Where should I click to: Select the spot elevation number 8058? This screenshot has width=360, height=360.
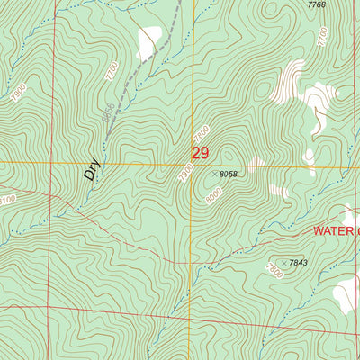(228, 174)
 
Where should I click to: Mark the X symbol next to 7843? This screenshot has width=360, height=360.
(285, 263)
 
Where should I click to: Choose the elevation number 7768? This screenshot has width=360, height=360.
(316, 5)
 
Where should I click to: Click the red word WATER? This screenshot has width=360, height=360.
(335, 230)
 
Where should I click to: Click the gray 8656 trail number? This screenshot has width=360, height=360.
(109, 113)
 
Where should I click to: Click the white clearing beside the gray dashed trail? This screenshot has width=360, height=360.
(148, 37)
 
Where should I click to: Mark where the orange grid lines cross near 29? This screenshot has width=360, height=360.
(192, 164)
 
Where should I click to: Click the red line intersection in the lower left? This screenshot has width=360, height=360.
(52, 307)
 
